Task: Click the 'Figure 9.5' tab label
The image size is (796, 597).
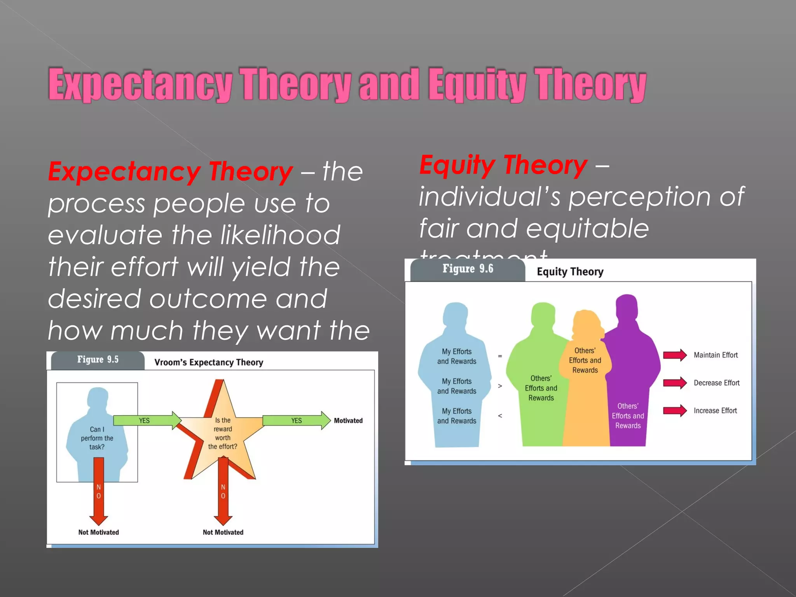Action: tap(98, 360)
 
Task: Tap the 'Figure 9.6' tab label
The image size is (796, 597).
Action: tap(468, 269)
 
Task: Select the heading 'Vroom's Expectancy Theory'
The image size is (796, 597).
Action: tap(209, 362)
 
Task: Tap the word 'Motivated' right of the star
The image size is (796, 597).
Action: tap(348, 421)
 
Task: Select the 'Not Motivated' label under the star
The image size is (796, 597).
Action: tap(223, 532)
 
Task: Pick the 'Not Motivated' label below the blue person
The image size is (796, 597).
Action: tap(98, 532)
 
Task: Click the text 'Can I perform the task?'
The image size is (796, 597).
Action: tap(97, 438)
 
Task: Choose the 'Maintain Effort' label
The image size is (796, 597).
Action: tap(716, 355)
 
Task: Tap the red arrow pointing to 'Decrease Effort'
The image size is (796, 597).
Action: tap(674, 383)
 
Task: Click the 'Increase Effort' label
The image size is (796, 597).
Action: tap(715, 410)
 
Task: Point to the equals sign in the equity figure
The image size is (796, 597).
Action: tap(500, 356)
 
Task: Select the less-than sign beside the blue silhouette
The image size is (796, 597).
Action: tap(500, 416)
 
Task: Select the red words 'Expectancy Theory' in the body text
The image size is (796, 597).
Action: tap(170, 172)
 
